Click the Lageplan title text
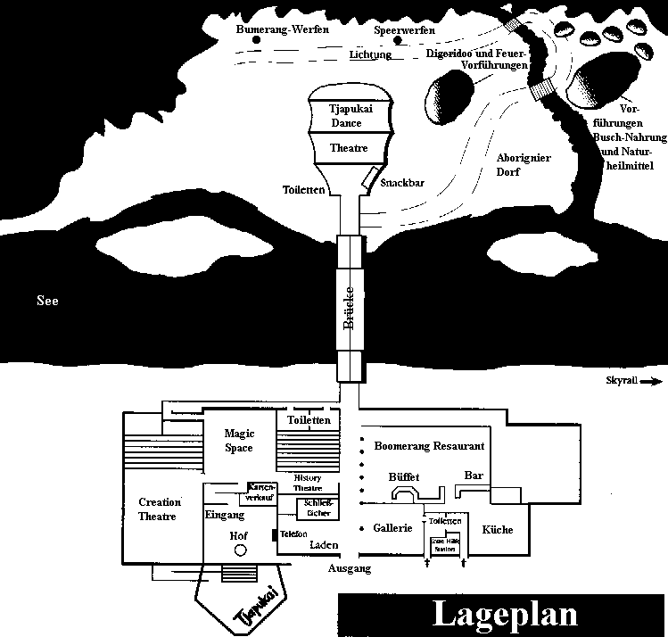[x=504, y=615]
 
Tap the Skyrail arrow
[x=652, y=381]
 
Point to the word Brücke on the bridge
[x=350, y=309]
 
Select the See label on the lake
[x=47, y=302]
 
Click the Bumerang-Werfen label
[x=283, y=29]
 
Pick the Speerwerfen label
[x=404, y=29]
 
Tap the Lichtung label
[x=370, y=54]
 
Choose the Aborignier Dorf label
[x=524, y=165]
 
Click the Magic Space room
[x=238, y=441]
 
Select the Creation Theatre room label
[x=160, y=509]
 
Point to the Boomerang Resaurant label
[x=429, y=445]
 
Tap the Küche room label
[x=498, y=530]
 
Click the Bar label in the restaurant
[x=474, y=476]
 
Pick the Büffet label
[x=404, y=477]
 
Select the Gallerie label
[x=392, y=528]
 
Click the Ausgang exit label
[x=349, y=568]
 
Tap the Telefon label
[x=293, y=534]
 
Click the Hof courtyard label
[x=238, y=535]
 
